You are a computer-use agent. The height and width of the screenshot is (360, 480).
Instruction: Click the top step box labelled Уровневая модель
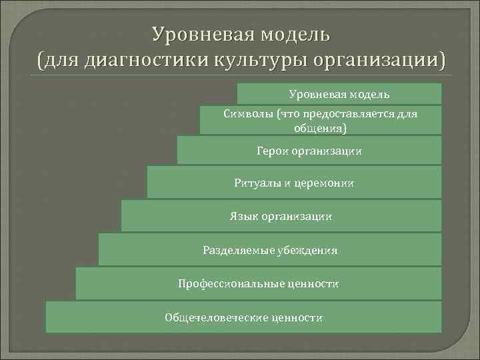click(x=339, y=94)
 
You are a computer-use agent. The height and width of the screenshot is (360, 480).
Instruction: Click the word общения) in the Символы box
click(x=320, y=127)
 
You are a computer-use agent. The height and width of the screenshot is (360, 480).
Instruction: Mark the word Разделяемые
click(x=235, y=251)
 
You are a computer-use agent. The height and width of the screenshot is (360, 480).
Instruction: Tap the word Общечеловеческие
click(x=215, y=317)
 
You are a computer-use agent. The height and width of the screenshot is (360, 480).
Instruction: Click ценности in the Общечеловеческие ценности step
click(x=297, y=317)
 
